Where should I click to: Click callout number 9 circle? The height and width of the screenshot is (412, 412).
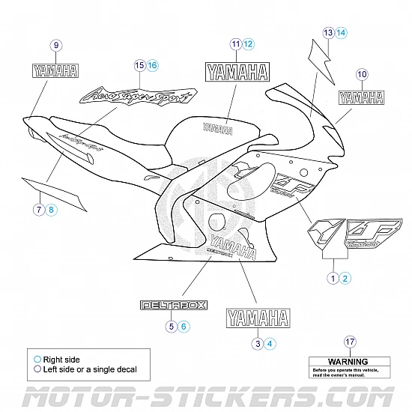57,46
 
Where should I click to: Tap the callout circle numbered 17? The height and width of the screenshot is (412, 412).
349,342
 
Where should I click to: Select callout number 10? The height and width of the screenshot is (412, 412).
362,74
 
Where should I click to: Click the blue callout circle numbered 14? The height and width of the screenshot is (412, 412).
341,32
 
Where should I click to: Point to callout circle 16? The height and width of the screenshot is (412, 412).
153,66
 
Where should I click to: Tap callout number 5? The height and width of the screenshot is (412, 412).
172,326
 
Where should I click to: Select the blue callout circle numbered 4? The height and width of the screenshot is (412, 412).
270,343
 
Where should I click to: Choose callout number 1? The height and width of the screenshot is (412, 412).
332,278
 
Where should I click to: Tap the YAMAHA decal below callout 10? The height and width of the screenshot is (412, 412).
360,97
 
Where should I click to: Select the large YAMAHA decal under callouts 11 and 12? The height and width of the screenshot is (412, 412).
237,73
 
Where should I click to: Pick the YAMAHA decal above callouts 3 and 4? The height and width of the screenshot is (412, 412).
258,318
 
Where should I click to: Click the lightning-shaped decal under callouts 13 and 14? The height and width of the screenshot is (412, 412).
321,56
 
